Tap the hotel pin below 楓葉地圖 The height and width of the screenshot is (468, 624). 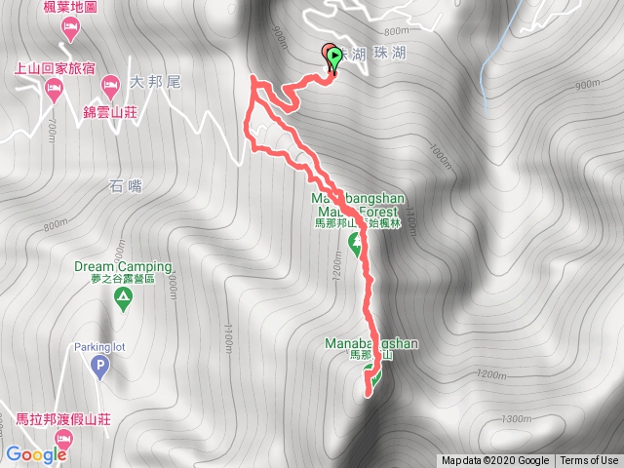(70, 26)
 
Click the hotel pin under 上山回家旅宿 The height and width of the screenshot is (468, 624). (54, 92)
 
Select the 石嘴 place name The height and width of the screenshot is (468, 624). (127, 186)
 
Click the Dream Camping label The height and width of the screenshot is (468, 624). (123, 267)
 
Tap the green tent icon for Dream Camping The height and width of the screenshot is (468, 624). (123, 300)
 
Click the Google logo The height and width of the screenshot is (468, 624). (36, 454)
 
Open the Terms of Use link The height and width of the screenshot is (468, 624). (589, 461)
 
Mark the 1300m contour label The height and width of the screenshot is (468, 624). (515, 419)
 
